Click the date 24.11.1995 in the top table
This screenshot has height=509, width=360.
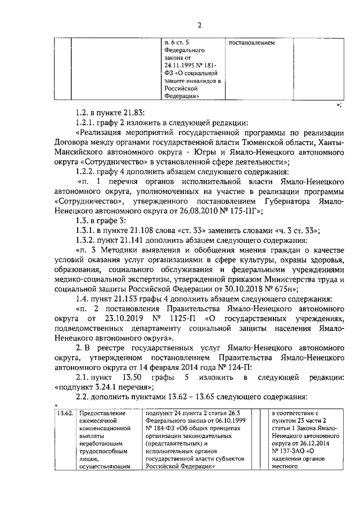177,65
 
